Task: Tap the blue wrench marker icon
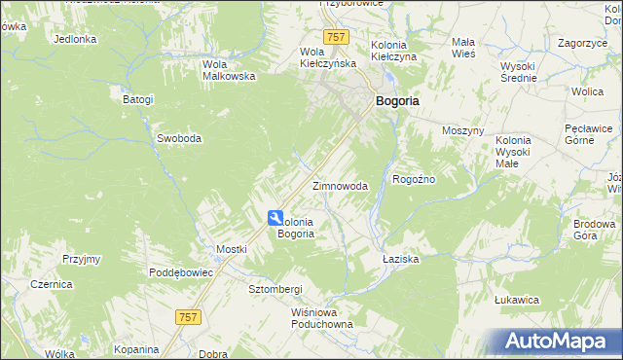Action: click(275, 219)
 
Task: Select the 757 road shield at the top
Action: click(337, 37)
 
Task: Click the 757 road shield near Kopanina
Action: click(189, 316)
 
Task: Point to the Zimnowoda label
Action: click(340, 186)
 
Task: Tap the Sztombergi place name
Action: click(275, 290)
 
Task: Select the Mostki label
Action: click(232, 249)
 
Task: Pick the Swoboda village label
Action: click(179, 138)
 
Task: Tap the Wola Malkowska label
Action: click(228, 70)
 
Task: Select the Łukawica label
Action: click(517, 300)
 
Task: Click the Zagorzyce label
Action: click(583, 43)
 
